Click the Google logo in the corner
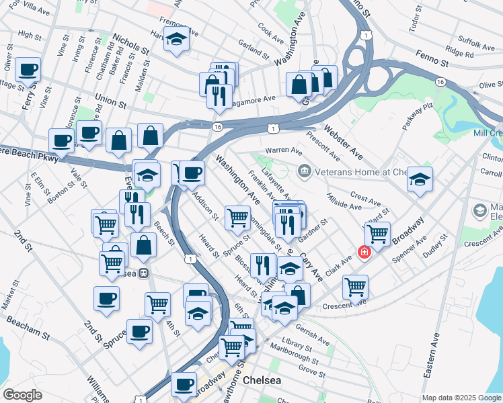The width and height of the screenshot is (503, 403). (22, 395)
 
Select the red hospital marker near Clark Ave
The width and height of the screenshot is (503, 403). (364, 253)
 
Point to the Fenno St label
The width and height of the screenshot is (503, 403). (432, 62)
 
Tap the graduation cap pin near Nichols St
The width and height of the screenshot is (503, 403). (176, 40)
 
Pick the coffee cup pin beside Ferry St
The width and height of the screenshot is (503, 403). (28, 69)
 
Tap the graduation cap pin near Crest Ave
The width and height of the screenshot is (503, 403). (420, 179)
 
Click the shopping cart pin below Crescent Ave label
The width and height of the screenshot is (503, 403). (355, 287)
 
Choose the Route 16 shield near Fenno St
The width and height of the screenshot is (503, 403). (440, 81)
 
